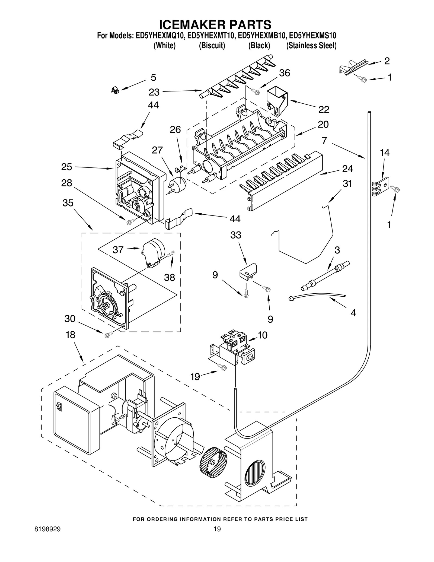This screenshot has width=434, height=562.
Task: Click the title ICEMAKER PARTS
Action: click(x=215, y=25)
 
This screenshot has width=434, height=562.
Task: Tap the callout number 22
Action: click(x=324, y=109)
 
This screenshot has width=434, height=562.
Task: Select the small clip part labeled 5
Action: click(x=115, y=90)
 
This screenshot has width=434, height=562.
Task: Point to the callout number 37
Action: click(x=118, y=250)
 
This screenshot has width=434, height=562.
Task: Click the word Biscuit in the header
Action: click(x=212, y=46)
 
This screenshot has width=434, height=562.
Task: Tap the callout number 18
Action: click(x=70, y=335)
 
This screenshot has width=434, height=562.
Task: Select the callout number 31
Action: click(x=347, y=184)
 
